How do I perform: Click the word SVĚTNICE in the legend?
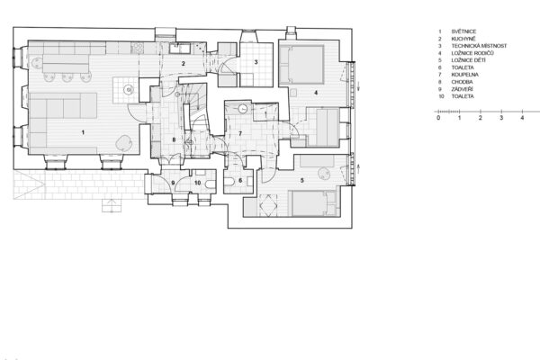pyautogui.click(x=463, y=31)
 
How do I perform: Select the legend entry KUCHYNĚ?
pyautogui.click(x=463, y=39)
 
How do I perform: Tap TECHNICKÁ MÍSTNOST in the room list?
pyautogui.click(x=479, y=46)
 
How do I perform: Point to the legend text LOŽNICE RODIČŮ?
pyautogui.click(x=472, y=53)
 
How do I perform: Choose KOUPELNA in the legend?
pyautogui.click(x=465, y=75)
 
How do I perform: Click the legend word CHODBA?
pyautogui.click(x=463, y=82)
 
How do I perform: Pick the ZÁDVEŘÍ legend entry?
pyautogui.click(x=463, y=89)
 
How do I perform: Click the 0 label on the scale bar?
pyautogui.click(x=438, y=118)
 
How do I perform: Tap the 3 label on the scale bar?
pyautogui.click(x=501, y=118)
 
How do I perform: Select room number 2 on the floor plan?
pyautogui.click(x=184, y=63)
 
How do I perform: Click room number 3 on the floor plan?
pyautogui.click(x=256, y=62)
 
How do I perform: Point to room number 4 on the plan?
pyautogui.click(x=316, y=93)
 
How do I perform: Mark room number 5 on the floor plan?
pyautogui.click(x=302, y=180)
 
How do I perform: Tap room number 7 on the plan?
pyautogui.click(x=240, y=133)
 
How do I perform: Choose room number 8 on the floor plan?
pyautogui.click(x=174, y=139)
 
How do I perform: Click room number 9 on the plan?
pyautogui.click(x=173, y=183)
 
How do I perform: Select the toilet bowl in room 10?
pyautogui.click(x=210, y=184)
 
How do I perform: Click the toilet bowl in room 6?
pyautogui.click(x=229, y=182)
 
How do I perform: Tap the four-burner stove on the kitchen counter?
pyautogui.click(x=138, y=48)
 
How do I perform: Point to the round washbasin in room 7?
pyautogui.click(x=243, y=109)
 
